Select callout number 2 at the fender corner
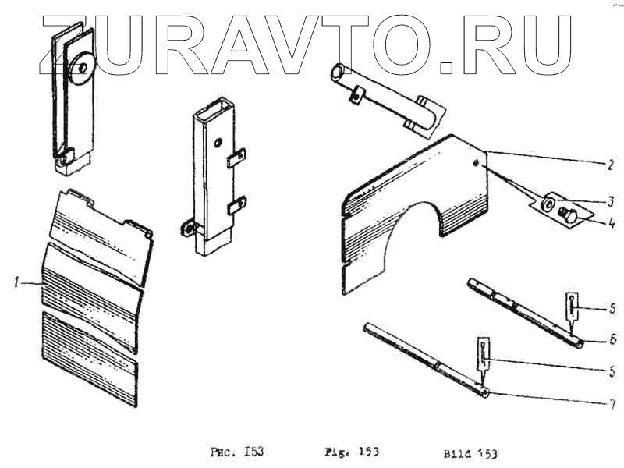click(612, 165)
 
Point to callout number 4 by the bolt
click(612, 222)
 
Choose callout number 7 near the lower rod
click(613, 404)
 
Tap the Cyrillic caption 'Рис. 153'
click(237, 452)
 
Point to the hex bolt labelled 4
click(570, 218)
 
